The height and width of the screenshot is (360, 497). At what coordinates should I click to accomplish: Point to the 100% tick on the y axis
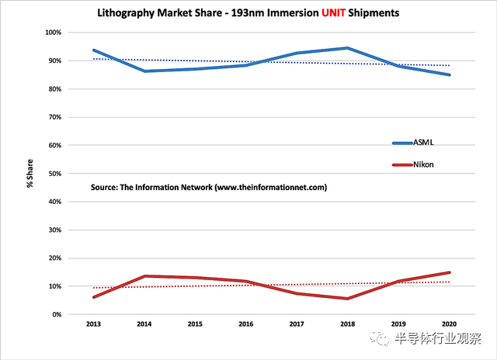pos(53,33)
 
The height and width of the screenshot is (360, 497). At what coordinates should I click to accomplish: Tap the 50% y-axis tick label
pos(54,174)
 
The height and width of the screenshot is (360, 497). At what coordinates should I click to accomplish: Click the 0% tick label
pos(57,314)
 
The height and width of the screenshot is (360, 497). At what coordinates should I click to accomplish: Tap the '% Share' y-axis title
pos(30,173)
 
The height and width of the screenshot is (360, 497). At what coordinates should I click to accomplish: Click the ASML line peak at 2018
pos(348,48)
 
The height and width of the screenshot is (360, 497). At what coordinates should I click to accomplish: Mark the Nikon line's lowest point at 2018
pos(348,299)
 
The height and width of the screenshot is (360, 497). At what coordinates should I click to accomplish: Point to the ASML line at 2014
pos(144,71)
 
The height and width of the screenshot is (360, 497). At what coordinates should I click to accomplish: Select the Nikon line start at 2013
pos(94,297)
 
